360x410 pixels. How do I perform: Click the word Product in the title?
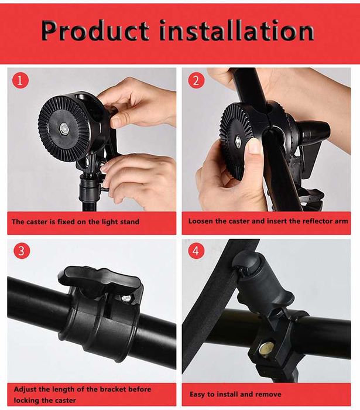(95, 30)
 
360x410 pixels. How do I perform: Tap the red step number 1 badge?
(19, 81)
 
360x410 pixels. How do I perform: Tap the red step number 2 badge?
(196, 81)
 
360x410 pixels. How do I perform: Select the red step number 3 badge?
(22, 251)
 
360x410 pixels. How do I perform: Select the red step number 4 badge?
(196, 251)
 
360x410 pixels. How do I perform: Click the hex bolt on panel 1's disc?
(64, 128)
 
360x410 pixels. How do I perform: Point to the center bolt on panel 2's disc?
(238, 142)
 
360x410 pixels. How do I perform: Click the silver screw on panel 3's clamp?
(126, 298)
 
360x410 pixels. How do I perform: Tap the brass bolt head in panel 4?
(267, 349)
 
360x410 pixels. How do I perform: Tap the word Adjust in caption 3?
(25, 389)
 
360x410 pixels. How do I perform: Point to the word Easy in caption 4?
(197, 395)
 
